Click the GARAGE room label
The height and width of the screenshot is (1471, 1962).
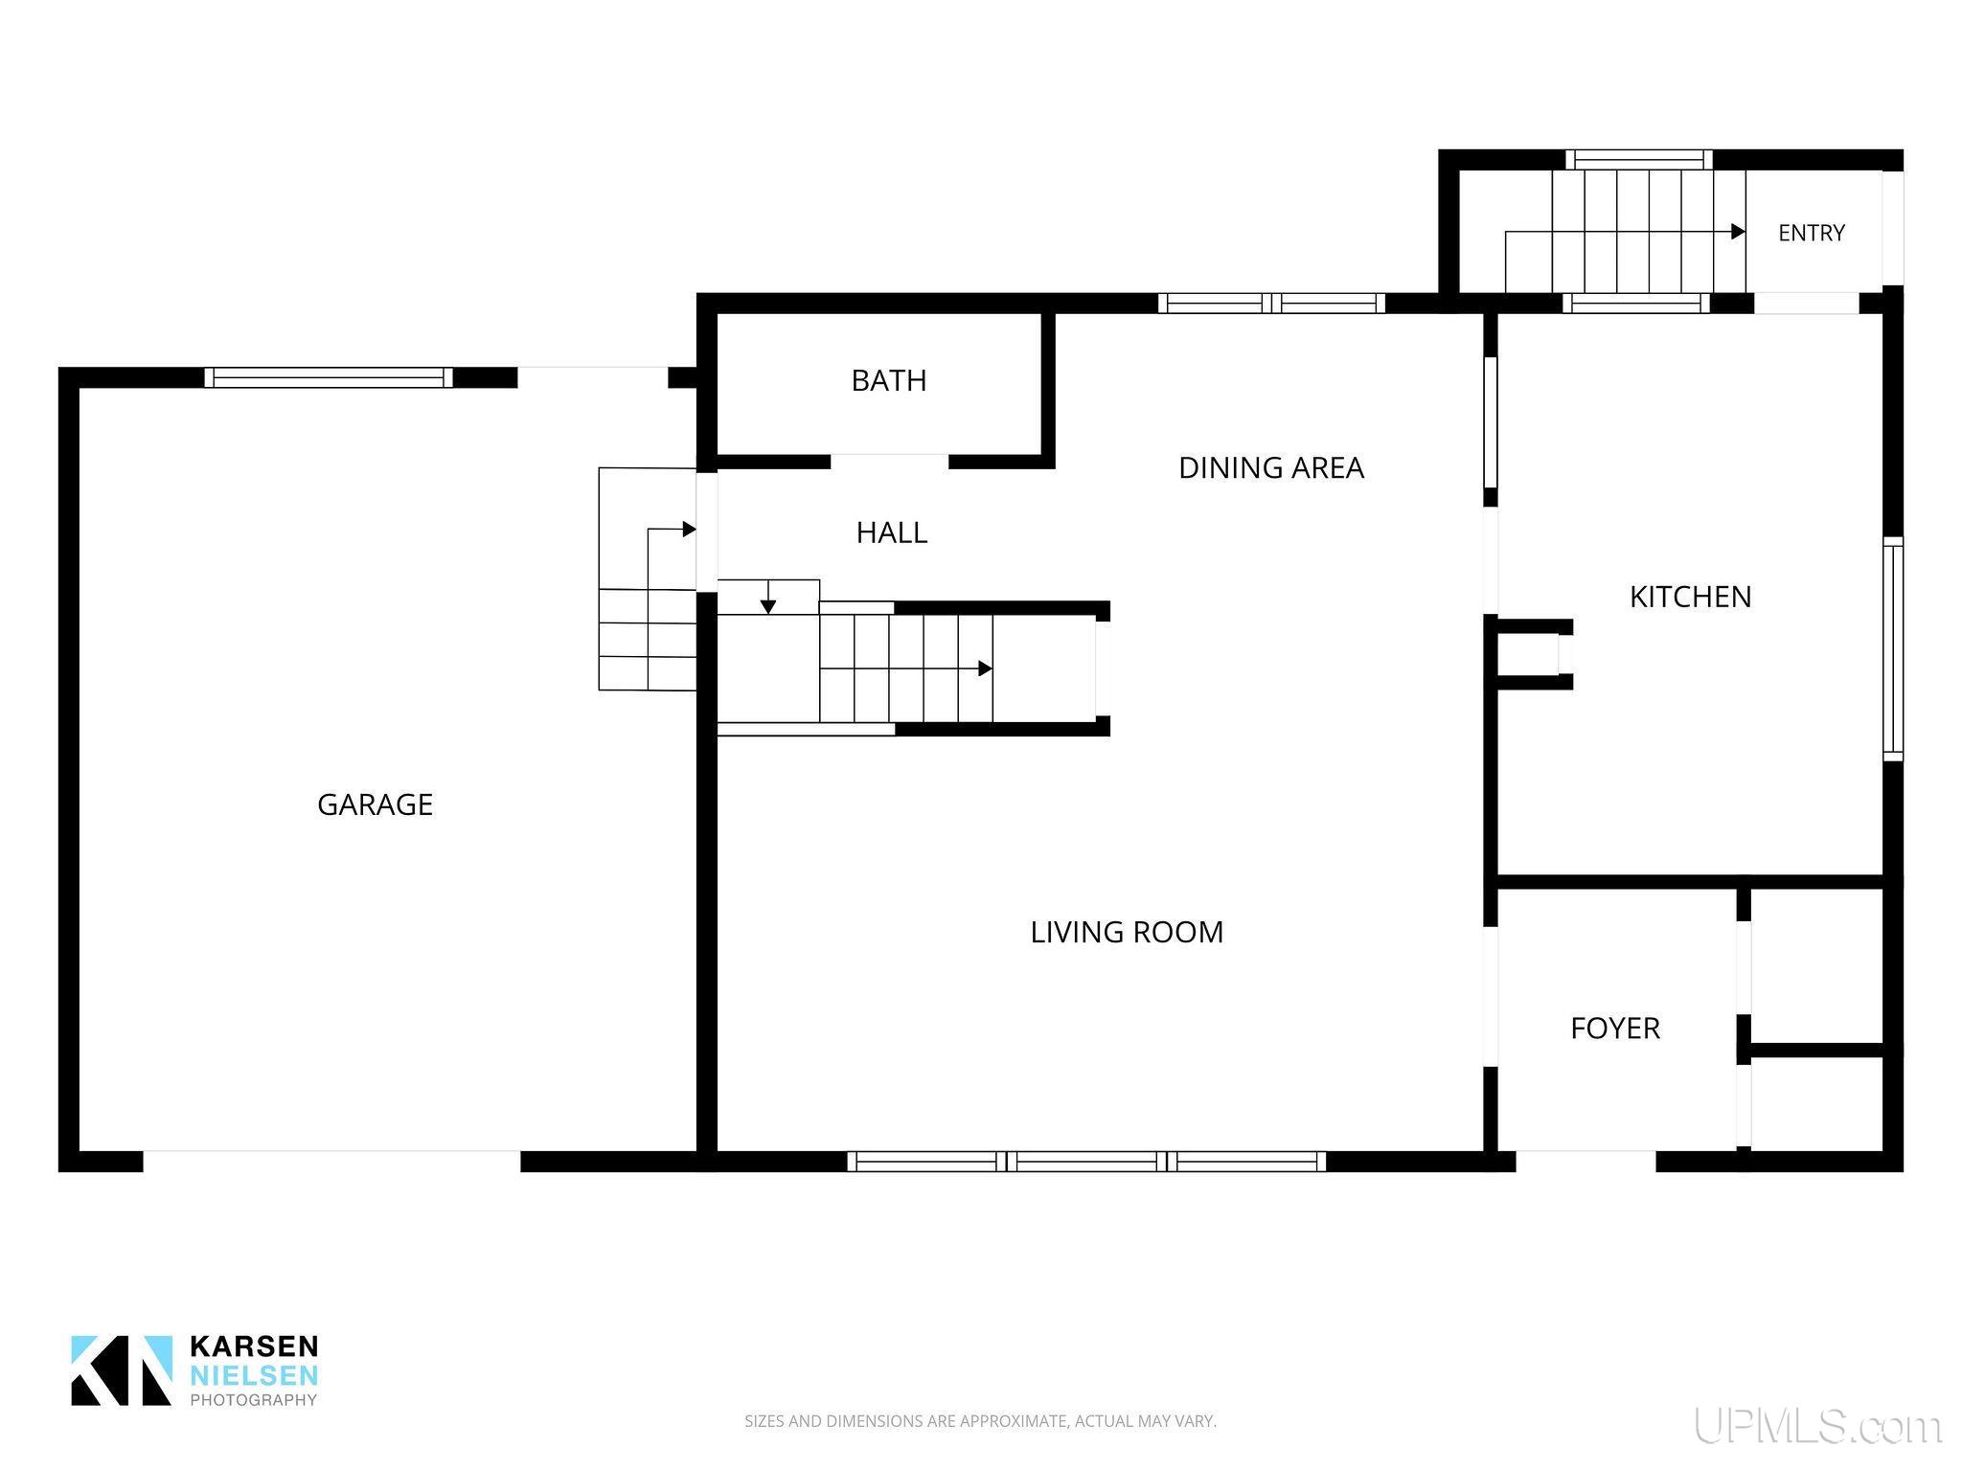[375, 804]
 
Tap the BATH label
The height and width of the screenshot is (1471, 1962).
[889, 381]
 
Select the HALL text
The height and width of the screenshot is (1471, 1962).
[892, 532]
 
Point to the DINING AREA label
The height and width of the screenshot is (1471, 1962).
[1270, 467]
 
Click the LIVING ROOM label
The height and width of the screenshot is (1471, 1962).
[1127, 932]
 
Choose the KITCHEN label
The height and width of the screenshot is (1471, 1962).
[1690, 597]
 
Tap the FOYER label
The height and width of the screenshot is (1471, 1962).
[1614, 1029]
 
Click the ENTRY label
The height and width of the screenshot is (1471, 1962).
[1811, 233]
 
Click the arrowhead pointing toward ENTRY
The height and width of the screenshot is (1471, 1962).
[1738, 232]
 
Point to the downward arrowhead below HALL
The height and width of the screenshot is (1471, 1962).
[767, 606]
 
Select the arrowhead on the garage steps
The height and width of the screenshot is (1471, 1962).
[689, 530]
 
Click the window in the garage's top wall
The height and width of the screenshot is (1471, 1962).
[329, 377]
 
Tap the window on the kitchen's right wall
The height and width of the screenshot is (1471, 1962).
[1893, 649]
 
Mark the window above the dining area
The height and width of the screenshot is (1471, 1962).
[1271, 304]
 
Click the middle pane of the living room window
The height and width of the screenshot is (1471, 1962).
[1087, 1162]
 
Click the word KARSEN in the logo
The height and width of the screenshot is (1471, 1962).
[254, 1347]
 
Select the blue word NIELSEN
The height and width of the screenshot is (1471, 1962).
[254, 1375]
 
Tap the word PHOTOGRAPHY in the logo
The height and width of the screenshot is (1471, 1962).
[254, 1400]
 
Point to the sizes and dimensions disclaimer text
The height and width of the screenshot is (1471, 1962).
[980, 1421]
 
